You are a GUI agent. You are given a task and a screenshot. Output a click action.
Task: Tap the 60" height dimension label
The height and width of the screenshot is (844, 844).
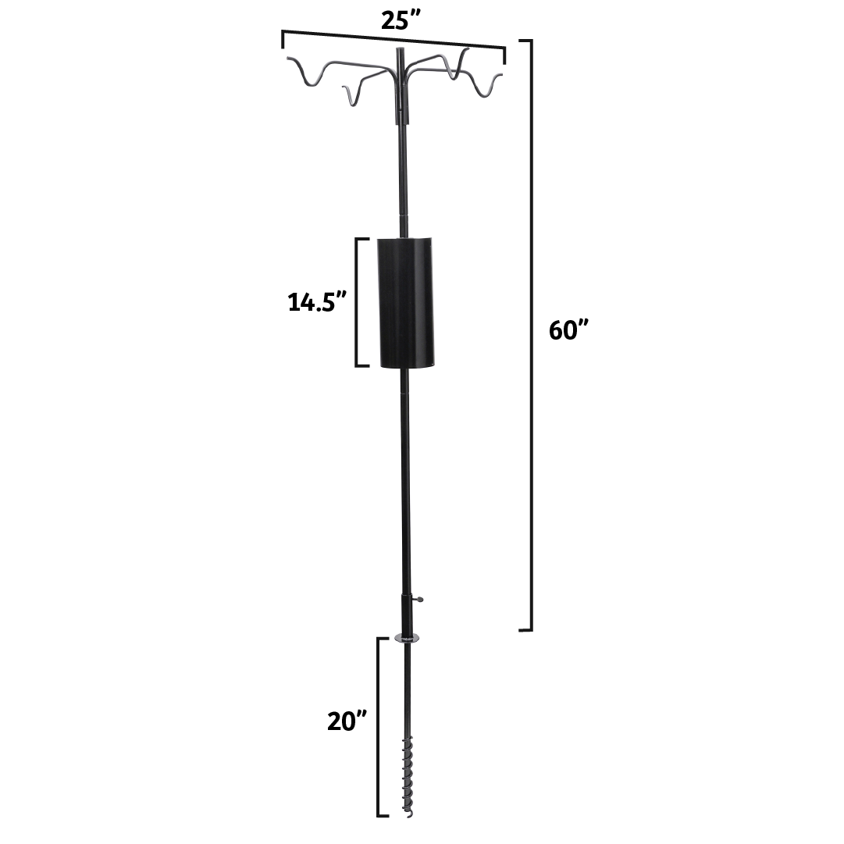tap(568, 330)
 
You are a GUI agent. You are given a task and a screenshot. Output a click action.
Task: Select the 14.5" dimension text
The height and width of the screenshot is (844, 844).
tap(317, 301)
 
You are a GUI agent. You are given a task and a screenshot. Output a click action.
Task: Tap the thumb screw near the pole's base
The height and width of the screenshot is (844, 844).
tap(420, 600)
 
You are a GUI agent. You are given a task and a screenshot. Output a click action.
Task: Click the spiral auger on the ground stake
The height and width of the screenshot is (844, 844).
tap(406, 773)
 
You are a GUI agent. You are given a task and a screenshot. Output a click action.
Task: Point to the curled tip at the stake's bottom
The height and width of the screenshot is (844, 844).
tap(406, 815)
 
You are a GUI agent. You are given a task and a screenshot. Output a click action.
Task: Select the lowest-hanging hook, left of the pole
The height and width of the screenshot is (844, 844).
tap(351, 100)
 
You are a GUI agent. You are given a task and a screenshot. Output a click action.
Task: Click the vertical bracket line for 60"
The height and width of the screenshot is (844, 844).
tap(532, 336)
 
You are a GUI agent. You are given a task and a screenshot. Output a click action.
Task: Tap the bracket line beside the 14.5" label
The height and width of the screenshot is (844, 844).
tap(358, 302)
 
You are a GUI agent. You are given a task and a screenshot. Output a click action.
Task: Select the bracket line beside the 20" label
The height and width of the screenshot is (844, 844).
tap(379, 726)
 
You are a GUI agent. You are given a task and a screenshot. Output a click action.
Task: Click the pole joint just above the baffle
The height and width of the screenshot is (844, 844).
tap(404, 212)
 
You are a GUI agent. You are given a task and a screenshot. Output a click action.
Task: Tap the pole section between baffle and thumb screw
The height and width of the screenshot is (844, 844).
tap(405, 484)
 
